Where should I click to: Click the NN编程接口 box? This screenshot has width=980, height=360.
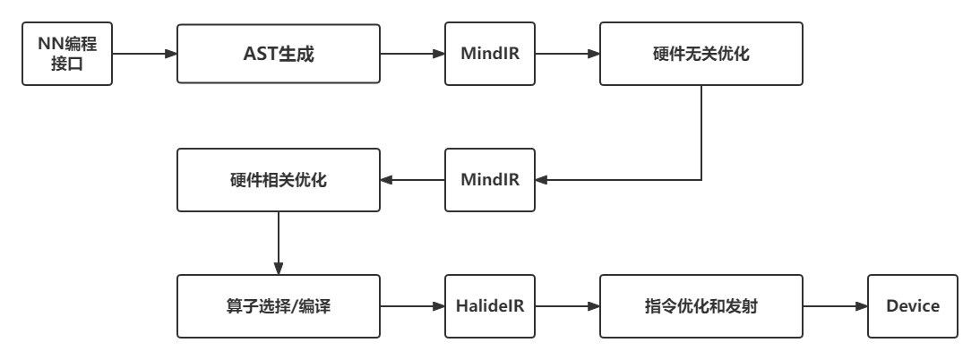(x=67, y=55)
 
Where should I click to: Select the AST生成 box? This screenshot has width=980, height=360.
(x=278, y=55)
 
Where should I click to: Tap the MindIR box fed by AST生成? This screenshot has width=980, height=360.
(x=490, y=55)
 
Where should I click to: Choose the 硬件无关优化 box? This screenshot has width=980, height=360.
(x=701, y=55)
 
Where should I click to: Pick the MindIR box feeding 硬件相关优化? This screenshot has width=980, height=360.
(x=490, y=180)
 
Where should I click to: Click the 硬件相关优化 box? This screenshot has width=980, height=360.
(x=278, y=180)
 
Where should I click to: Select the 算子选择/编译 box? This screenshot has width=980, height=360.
(x=278, y=306)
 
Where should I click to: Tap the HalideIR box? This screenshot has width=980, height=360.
(x=490, y=306)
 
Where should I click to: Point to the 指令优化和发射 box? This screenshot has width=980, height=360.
(x=701, y=306)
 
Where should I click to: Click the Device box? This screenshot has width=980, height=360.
(x=912, y=306)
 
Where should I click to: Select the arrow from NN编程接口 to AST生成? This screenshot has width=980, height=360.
(x=144, y=55)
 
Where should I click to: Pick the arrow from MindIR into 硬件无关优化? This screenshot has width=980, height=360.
(x=567, y=55)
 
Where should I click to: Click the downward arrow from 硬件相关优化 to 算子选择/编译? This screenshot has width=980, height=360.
(x=278, y=243)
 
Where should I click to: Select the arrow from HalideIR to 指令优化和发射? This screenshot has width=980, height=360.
(x=567, y=306)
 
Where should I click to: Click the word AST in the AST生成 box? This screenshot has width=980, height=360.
(x=260, y=55)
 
